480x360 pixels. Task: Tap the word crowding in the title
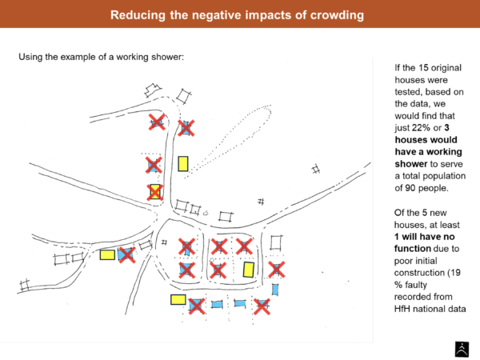point(338,15)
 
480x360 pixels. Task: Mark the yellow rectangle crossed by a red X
point(155,192)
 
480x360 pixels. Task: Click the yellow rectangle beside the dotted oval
point(183,164)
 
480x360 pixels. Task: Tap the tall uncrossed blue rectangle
point(275,289)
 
